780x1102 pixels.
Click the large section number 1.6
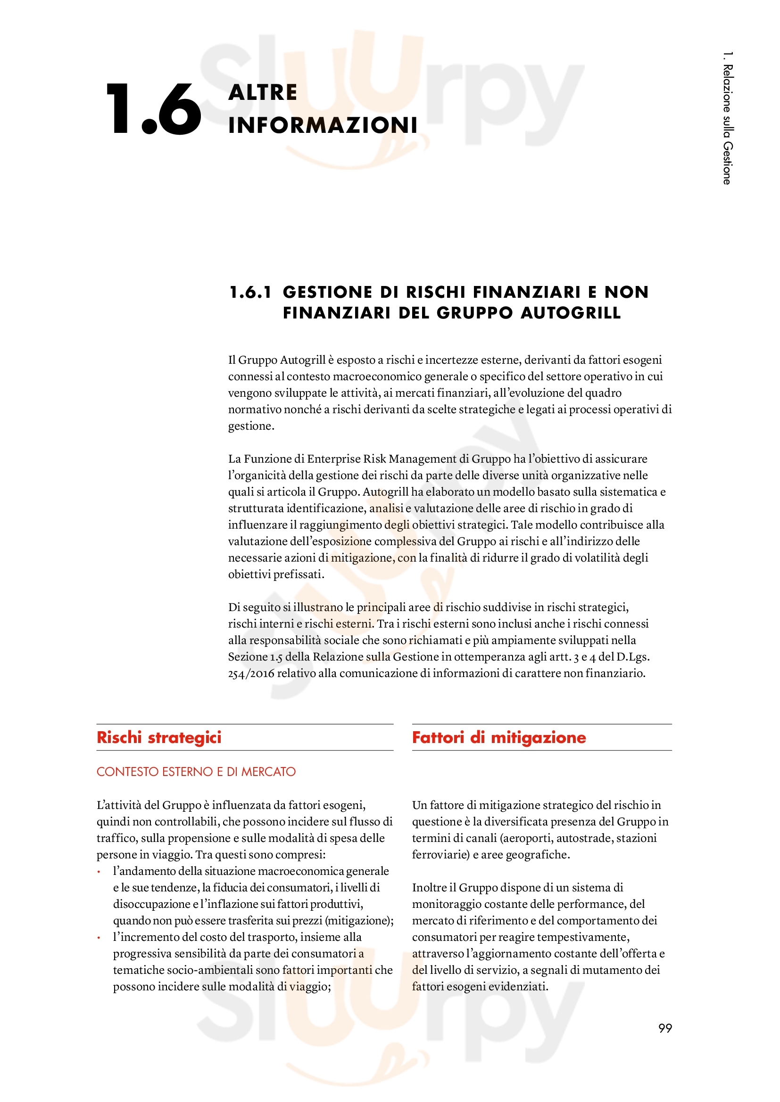[153, 109]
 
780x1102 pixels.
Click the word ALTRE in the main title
[263, 93]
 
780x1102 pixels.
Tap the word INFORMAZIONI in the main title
[323, 125]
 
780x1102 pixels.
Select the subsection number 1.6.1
[250, 292]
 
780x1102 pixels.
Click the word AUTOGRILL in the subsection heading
[571, 313]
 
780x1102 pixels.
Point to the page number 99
[665, 1028]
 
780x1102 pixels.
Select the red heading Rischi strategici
[159, 737]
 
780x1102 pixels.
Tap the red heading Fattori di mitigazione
[498, 737]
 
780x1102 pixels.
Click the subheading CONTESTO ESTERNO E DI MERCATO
[196, 771]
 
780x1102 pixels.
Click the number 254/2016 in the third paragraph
[251, 673]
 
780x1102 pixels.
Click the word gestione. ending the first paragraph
[251, 426]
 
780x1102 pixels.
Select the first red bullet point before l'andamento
[99, 872]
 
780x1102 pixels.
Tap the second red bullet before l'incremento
[99, 938]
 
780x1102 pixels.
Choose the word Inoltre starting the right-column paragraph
[429, 888]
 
